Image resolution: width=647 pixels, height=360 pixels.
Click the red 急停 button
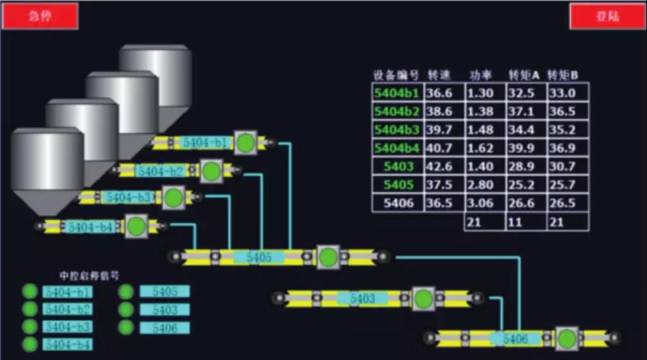pos(40,16)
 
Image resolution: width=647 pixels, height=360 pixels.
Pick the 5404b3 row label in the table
pos(397,129)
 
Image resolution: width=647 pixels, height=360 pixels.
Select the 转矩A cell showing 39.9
pos(522,148)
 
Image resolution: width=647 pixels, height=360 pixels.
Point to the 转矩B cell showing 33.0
pos(562,93)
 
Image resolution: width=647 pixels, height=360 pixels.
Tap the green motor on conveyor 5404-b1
pos(245,142)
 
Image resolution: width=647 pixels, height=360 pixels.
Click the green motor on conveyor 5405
pos(328,257)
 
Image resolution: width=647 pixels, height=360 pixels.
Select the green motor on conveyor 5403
pos(423,298)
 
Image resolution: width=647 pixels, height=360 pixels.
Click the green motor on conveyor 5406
pos(567,339)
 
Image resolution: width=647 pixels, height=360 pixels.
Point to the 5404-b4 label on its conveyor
pos(91,227)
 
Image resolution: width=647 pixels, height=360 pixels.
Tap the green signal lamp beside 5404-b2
pos(30,309)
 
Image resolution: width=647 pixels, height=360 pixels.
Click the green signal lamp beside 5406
pos(126,328)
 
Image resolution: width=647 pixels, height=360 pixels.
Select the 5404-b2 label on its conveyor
pos(159,171)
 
